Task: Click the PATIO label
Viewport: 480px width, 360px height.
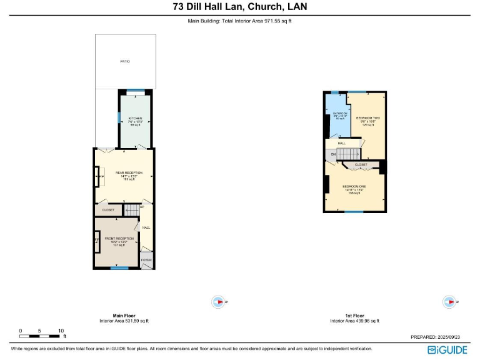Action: click(x=124, y=61)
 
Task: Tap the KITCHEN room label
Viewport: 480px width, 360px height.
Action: click(x=136, y=118)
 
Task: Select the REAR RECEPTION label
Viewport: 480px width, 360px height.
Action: click(x=124, y=172)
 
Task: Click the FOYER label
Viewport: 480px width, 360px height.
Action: click(x=146, y=259)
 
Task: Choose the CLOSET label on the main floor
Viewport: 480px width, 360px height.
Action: click(x=108, y=210)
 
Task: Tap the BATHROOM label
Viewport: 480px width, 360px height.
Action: click(x=331, y=114)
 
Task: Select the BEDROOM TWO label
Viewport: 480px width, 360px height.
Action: click(x=368, y=117)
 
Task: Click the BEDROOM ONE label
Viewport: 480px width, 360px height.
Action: click(x=354, y=186)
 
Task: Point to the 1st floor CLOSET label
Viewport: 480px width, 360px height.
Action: click(x=361, y=165)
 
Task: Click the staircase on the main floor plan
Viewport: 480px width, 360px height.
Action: click(x=131, y=210)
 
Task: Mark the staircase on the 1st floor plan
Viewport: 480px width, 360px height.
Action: click(x=350, y=154)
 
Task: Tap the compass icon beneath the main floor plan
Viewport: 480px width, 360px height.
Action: click(x=219, y=302)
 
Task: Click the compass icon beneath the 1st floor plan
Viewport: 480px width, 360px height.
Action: click(x=449, y=302)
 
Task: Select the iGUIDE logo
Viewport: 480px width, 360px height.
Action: click(x=447, y=349)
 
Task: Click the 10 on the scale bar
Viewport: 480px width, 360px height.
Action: click(x=61, y=331)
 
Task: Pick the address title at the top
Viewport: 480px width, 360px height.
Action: click(x=240, y=7)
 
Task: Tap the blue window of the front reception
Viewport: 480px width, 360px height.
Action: click(x=119, y=268)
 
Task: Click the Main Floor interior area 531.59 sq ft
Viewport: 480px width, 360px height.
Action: click(x=124, y=321)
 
